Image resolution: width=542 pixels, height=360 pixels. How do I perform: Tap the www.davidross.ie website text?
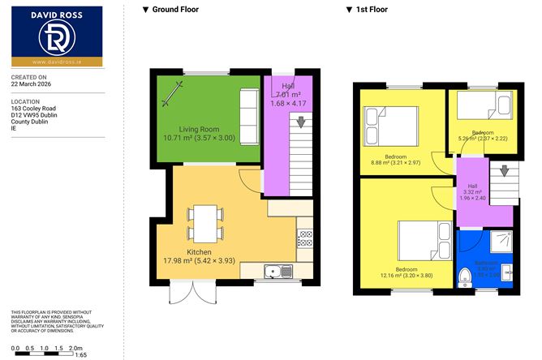56,62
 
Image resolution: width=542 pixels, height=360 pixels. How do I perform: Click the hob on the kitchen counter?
306,238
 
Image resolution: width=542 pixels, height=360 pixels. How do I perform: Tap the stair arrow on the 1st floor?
505,172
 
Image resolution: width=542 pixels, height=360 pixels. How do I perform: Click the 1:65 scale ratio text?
80,354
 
